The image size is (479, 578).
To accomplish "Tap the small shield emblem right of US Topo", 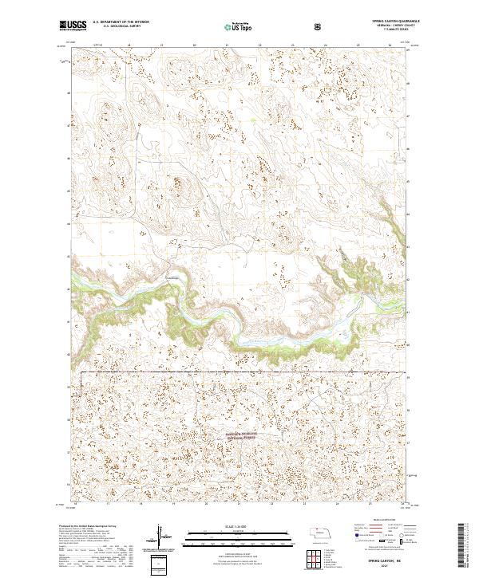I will [319, 26].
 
